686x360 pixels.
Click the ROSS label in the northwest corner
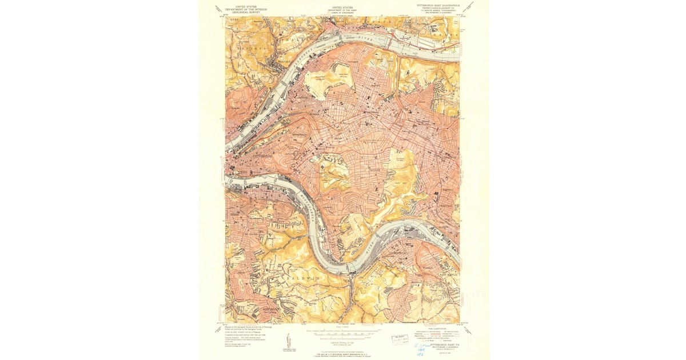pyautogui.click(x=233, y=20)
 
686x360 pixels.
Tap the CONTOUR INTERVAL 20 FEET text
pyautogui.click(x=343, y=339)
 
